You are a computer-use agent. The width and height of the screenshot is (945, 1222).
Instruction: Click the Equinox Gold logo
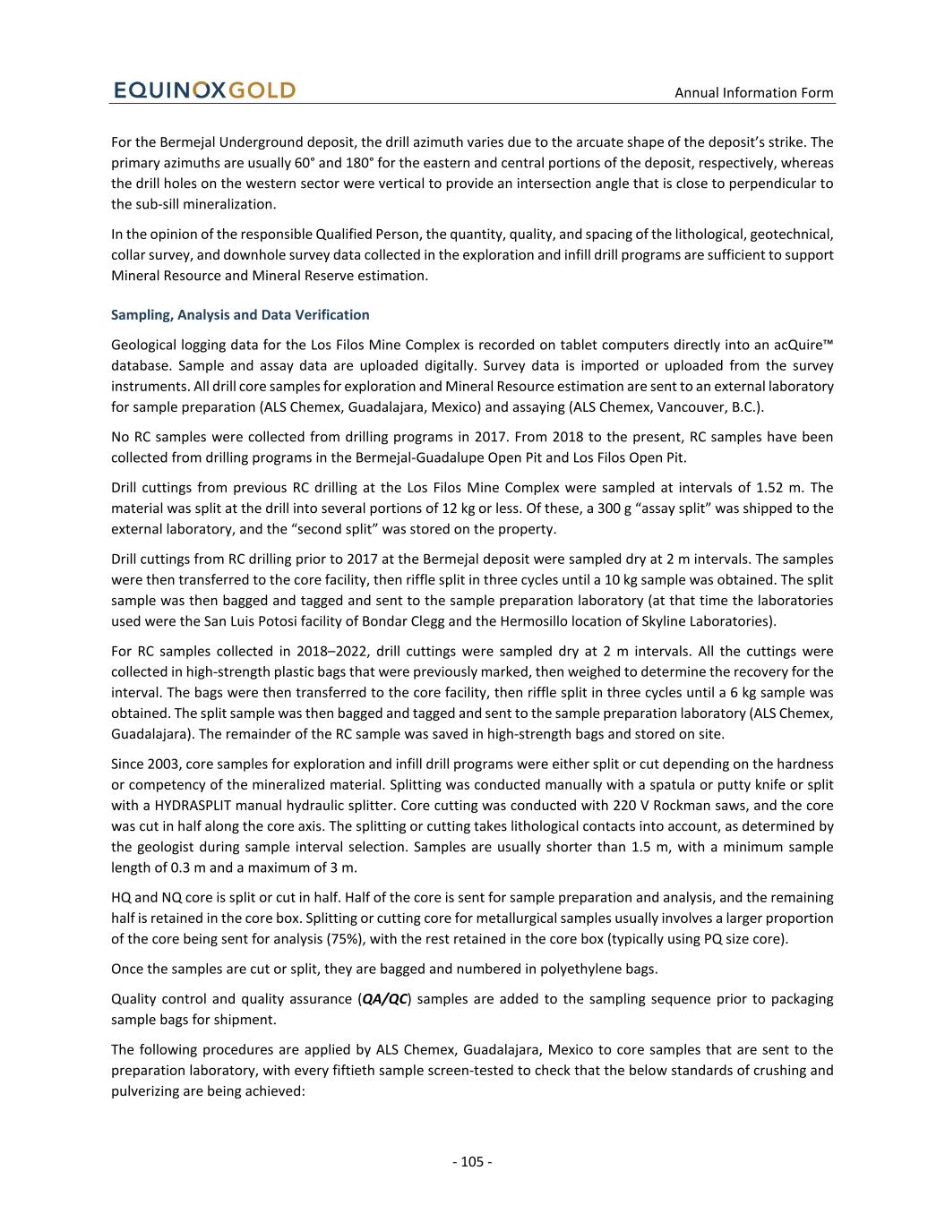(204, 90)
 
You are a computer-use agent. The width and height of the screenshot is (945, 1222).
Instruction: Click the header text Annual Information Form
(753, 92)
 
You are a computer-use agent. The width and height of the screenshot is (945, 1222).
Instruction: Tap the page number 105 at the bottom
(472, 1162)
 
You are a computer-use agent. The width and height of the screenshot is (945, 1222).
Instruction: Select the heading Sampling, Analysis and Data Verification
(240, 314)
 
